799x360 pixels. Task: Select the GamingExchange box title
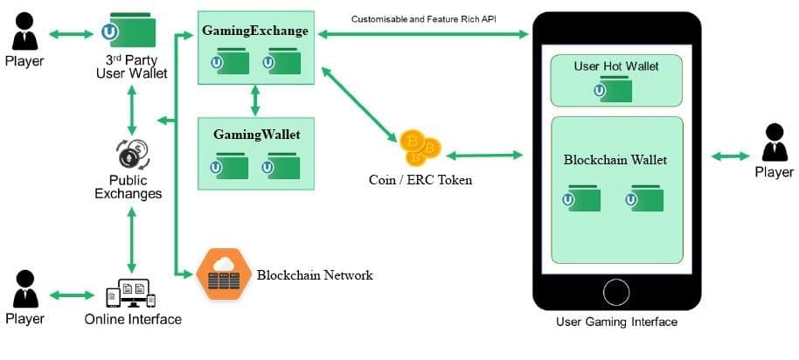[255, 31]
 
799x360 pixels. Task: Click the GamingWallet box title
[256, 135]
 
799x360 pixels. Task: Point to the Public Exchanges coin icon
[131, 155]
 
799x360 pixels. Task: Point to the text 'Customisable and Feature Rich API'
[424, 18]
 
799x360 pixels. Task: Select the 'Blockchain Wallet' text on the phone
[615, 160]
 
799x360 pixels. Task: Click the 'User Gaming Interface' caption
[616, 322]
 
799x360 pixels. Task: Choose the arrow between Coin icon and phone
[483, 155]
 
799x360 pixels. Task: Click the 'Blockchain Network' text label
[315, 275]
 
